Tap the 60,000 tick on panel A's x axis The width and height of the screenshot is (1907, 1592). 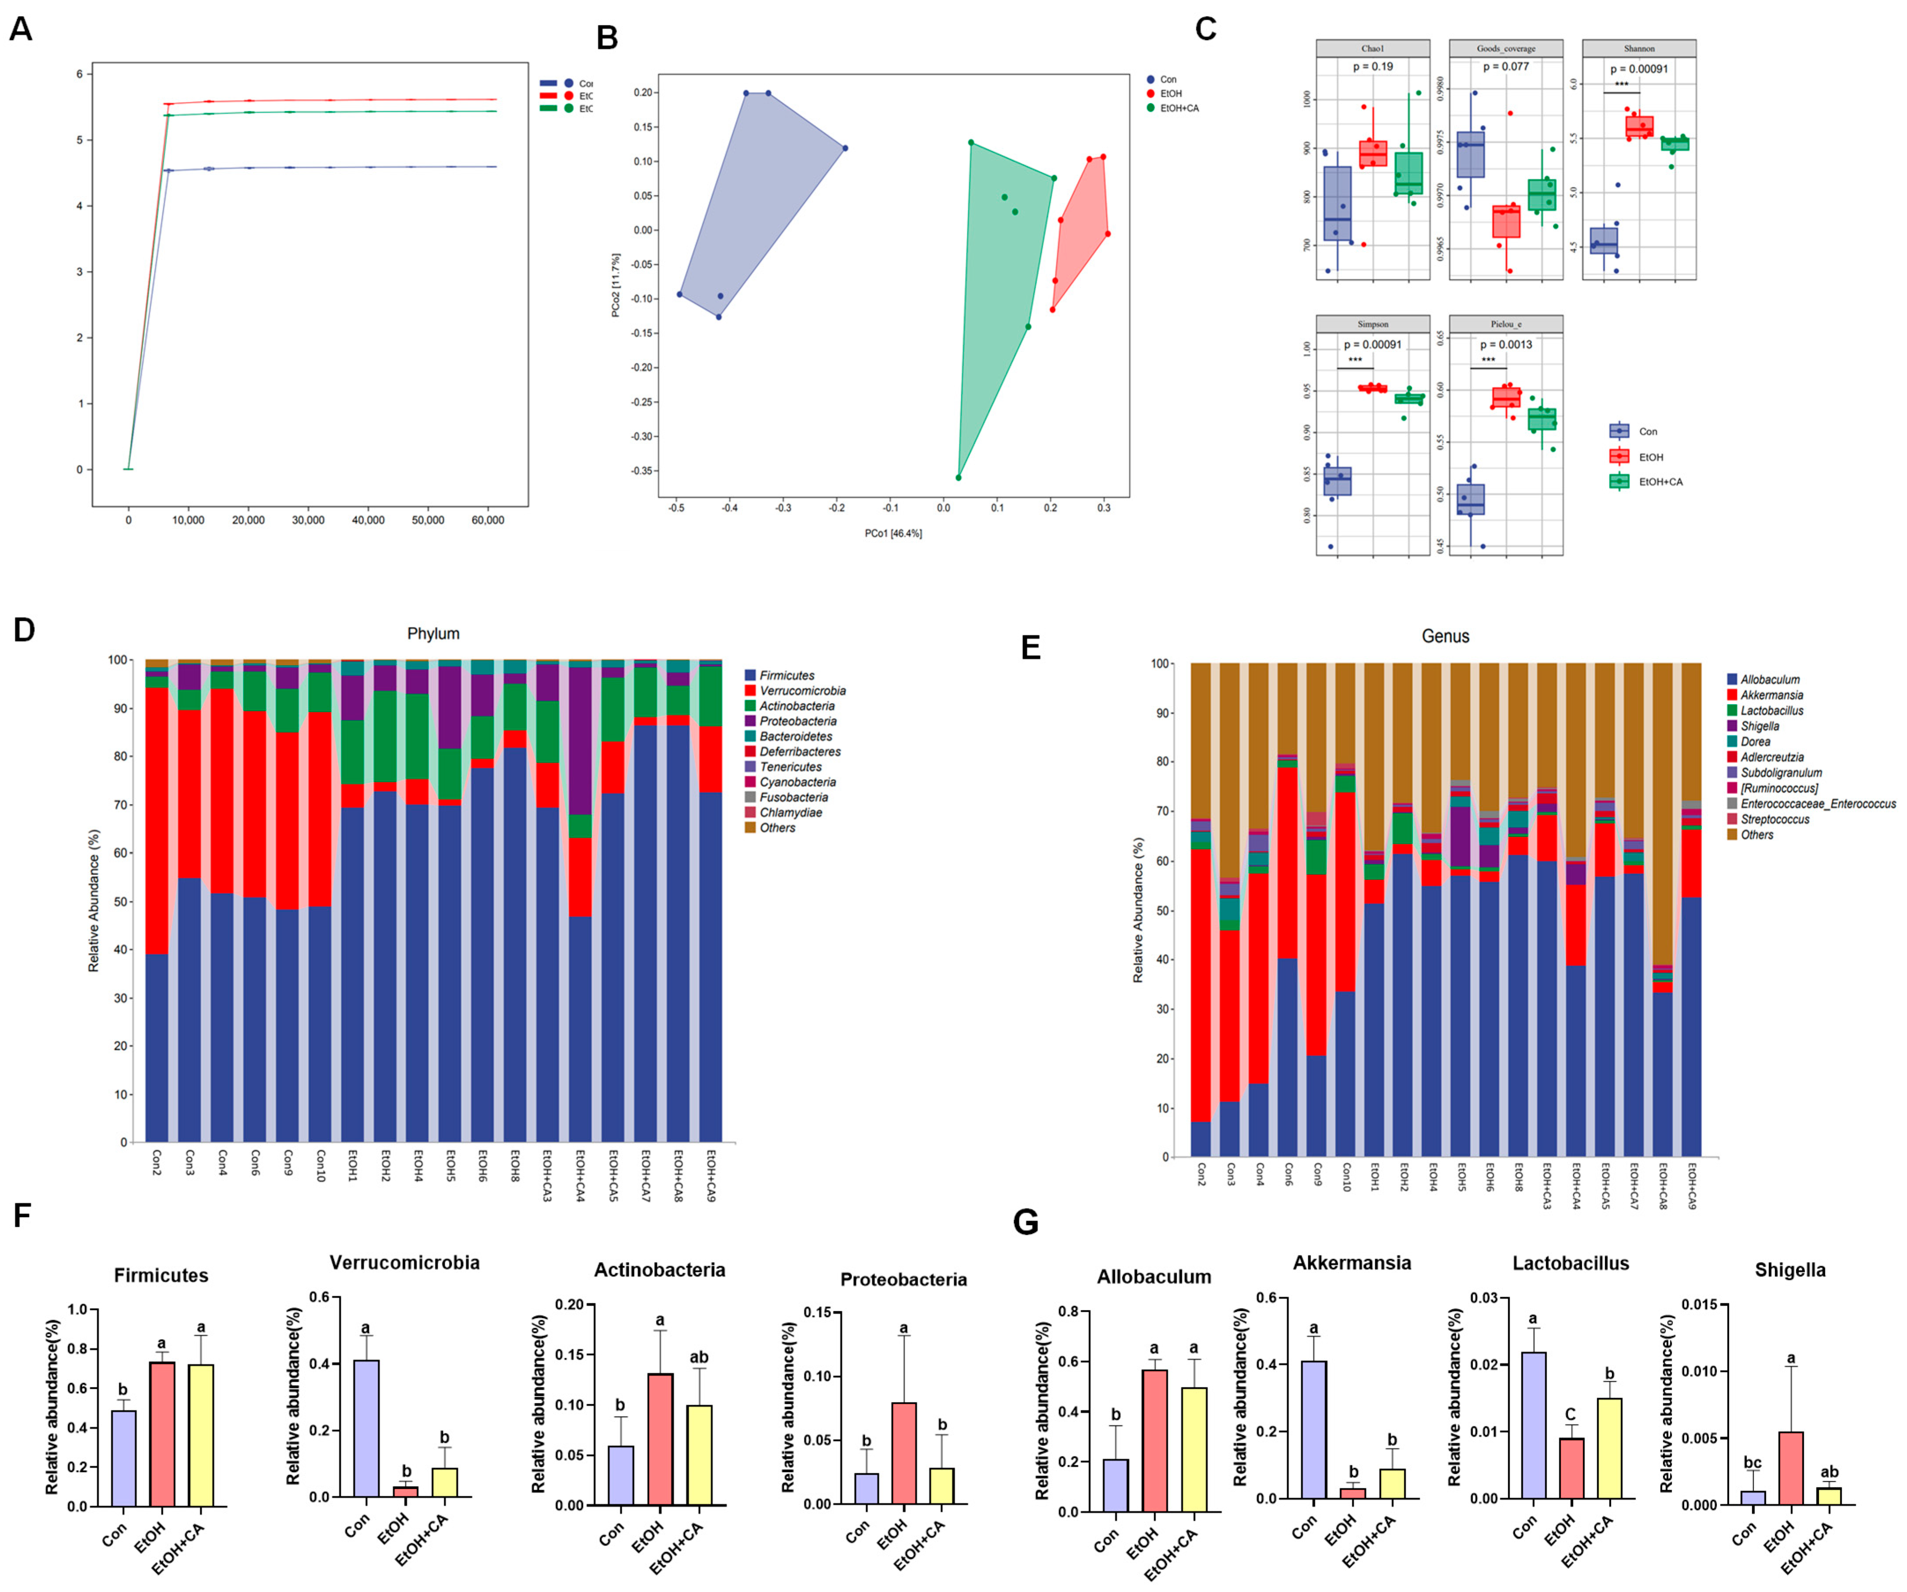(487, 521)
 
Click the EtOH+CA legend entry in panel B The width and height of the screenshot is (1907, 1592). (1178, 108)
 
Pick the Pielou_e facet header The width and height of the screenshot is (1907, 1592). (1505, 324)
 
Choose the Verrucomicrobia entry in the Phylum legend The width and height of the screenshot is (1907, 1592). (802, 690)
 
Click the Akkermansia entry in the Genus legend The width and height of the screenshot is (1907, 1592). (1771, 695)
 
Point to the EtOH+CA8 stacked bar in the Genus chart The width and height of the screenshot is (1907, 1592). (1662, 1071)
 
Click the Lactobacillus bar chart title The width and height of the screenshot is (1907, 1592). (1570, 1263)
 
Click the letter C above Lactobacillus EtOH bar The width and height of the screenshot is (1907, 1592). (1570, 1414)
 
